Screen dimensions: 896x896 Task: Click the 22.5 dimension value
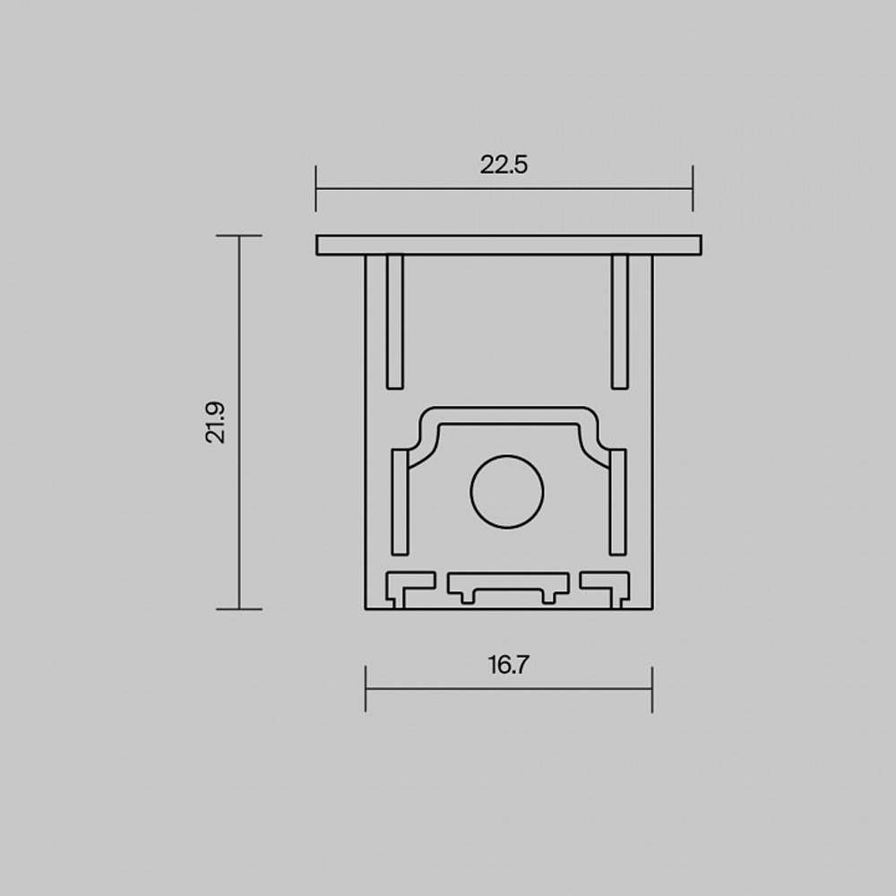[504, 165]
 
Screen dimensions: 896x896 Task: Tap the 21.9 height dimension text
[216, 423]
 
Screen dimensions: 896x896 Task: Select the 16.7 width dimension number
[509, 665]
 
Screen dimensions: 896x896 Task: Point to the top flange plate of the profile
[509, 245]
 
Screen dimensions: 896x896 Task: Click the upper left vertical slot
[395, 322]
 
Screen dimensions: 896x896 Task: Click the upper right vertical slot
[619, 322]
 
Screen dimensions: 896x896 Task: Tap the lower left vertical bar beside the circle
[400, 502]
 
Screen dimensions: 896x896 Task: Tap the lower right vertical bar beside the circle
[617, 502]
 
